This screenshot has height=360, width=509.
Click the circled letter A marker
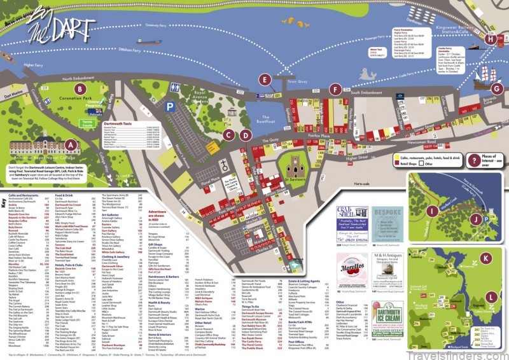pos(71,144)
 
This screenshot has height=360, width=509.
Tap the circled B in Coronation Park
pos(79,89)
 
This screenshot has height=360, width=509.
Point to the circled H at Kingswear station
pos(489,39)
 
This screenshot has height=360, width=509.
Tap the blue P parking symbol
pos(170,108)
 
